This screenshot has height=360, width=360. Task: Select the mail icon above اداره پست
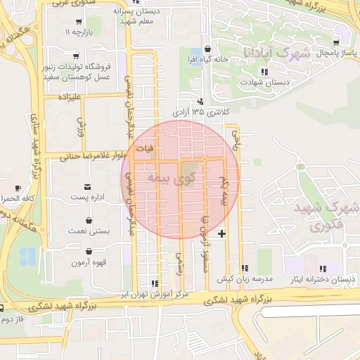pos(87,186)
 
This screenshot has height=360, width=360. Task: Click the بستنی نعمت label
pos(88,231)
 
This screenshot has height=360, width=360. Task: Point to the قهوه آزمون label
pos(88,262)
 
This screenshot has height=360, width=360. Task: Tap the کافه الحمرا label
pos(19,199)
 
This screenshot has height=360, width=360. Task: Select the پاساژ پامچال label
pos(319,53)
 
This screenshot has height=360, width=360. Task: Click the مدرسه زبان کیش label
pos(244,279)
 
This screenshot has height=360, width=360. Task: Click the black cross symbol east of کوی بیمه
pos(222,233)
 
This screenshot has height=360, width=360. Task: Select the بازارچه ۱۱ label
pos(79,33)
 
